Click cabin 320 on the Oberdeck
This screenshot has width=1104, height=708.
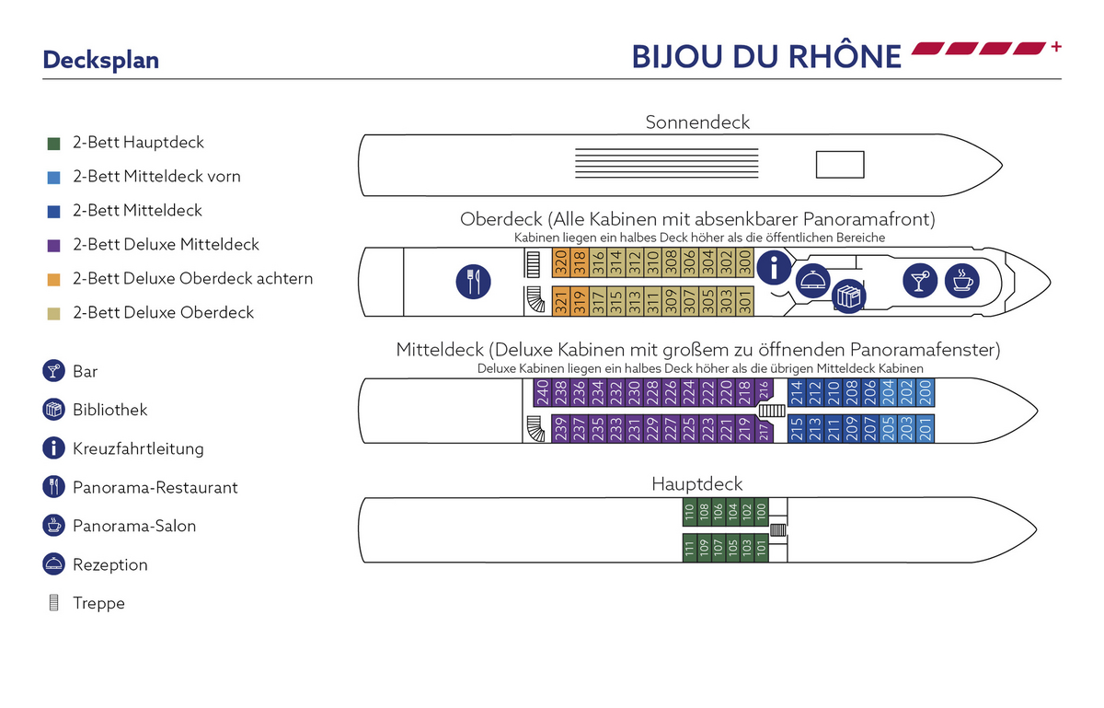click(x=561, y=262)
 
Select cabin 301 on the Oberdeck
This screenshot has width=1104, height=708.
click(x=745, y=301)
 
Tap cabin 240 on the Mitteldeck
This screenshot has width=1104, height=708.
click(x=542, y=393)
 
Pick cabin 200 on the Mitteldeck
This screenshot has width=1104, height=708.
click(x=926, y=393)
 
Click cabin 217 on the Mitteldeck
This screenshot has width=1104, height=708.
click(x=764, y=429)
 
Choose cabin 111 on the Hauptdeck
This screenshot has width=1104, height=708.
click(x=689, y=548)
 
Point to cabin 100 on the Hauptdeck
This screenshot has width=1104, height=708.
click(x=762, y=512)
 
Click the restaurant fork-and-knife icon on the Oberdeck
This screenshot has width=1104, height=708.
click(x=473, y=282)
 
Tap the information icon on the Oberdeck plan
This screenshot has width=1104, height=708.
click(x=774, y=267)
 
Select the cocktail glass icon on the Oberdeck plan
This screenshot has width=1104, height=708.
click(x=920, y=281)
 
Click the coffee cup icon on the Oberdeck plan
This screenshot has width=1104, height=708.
click(x=962, y=281)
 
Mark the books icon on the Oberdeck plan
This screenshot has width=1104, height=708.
click(x=848, y=296)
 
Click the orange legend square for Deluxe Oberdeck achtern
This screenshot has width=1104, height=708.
click(x=53, y=280)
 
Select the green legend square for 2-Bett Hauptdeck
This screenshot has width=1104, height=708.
click(x=53, y=144)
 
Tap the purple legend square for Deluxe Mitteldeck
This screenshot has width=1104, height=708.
click(x=53, y=246)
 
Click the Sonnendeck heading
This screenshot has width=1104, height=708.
click(x=697, y=122)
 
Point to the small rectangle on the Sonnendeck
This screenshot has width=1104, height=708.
click(x=840, y=164)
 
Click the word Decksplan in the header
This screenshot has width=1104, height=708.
click(x=101, y=60)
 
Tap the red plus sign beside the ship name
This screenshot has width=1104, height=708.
click(x=1056, y=47)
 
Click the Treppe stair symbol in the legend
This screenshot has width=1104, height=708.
click(x=53, y=602)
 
